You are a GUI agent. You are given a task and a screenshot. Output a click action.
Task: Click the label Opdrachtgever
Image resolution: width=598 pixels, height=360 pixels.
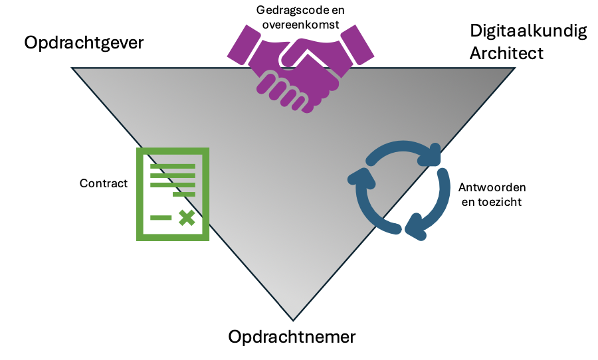point(84,43)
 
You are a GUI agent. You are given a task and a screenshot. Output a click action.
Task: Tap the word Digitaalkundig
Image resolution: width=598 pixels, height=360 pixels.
point(528,31)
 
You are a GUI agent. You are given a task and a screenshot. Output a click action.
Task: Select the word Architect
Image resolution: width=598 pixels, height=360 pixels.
point(506,53)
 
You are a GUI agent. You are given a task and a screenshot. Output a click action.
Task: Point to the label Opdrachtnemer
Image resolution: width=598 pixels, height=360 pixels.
point(292,337)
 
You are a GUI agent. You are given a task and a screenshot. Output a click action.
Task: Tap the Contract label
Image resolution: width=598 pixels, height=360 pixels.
point(103,183)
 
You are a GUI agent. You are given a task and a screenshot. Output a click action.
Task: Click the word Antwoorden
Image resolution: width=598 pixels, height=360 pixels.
point(488,188)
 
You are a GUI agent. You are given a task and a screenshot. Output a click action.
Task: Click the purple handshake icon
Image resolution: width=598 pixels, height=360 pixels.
point(298,70)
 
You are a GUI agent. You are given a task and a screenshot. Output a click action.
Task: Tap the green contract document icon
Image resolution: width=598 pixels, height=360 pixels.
point(173,194)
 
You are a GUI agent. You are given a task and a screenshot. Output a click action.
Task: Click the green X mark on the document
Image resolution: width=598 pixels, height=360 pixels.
point(187,217)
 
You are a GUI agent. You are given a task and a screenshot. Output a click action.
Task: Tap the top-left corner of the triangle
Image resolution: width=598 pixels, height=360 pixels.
point(72,68)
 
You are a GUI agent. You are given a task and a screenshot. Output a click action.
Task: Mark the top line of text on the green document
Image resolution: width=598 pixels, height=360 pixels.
point(172,166)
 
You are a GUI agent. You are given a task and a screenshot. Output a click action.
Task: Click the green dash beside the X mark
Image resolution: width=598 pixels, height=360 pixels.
point(161,217)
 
